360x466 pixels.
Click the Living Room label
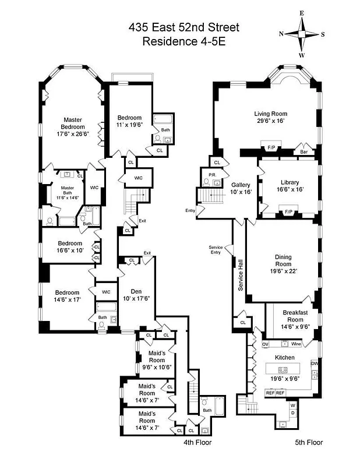(x=270, y=114)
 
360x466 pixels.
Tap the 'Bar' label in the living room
(x=304, y=152)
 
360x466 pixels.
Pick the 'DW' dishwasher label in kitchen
(x=314, y=363)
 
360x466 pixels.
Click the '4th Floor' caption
(x=197, y=442)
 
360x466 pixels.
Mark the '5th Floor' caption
(x=308, y=442)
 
